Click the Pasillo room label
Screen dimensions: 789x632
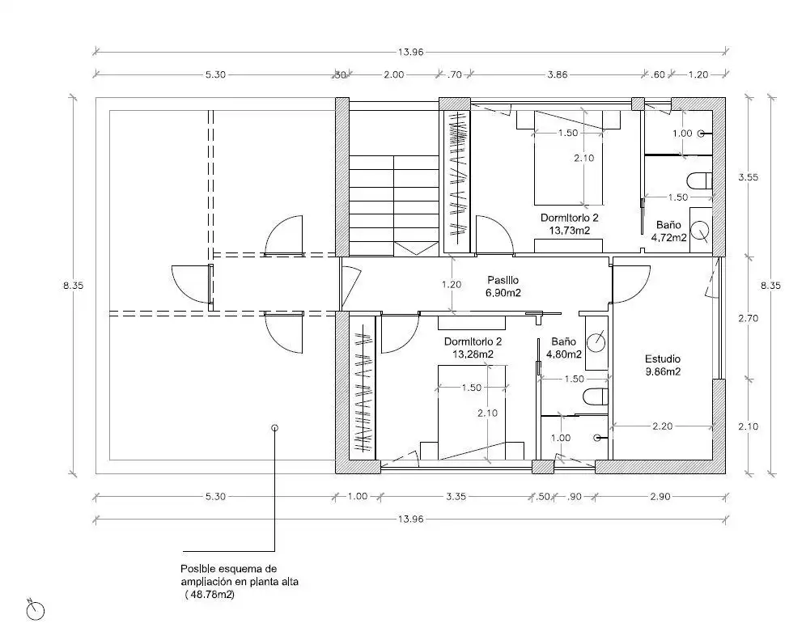click(x=503, y=280)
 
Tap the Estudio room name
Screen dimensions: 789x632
click(x=663, y=358)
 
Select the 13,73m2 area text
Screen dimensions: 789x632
click(x=570, y=231)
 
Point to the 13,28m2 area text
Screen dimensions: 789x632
click(x=473, y=354)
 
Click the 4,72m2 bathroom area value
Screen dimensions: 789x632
click(x=668, y=237)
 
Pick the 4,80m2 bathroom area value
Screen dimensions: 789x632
click(x=564, y=354)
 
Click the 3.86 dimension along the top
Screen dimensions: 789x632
click(x=557, y=74)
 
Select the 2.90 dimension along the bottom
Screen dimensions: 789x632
click(x=660, y=497)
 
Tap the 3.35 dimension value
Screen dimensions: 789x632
click(x=456, y=497)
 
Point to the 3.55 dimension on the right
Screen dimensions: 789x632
click(x=749, y=177)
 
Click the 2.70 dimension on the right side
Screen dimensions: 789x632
click(x=749, y=318)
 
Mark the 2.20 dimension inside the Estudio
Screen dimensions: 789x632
click(x=662, y=426)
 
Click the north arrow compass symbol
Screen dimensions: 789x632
click(x=36, y=610)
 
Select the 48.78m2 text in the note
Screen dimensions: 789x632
click(x=210, y=595)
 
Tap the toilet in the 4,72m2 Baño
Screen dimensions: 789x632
click(x=700, y=180)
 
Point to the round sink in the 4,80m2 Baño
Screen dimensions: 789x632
click(x=596, y=342)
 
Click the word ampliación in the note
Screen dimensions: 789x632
click(x=206, y=582)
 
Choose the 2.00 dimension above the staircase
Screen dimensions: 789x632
click(x=393, y=74)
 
